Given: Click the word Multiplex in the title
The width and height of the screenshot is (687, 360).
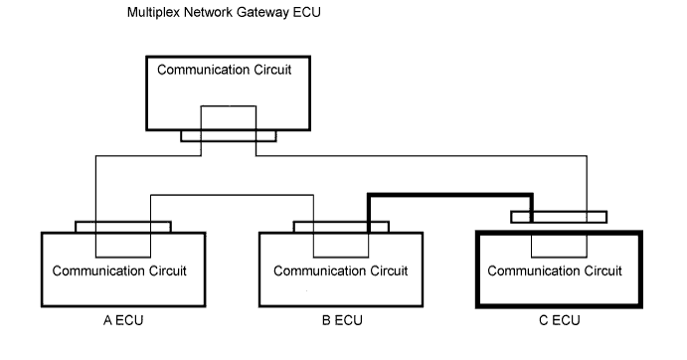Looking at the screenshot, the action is coord(153,12).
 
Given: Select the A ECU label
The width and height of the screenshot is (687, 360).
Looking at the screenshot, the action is coord(123,320).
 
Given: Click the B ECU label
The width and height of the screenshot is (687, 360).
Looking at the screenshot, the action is coord(342,320).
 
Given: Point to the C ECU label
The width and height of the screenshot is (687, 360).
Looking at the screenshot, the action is coord(560,320).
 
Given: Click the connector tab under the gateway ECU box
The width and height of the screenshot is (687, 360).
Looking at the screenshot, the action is coord(229,136).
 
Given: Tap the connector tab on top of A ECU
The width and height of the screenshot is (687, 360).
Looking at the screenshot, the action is coord(123,227).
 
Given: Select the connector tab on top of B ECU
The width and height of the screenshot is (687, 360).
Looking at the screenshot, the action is coord(341,227).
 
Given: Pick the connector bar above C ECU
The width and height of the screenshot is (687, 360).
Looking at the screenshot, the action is coord(559,217).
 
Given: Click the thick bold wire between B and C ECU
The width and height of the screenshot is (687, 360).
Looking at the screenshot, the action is coord(450,194).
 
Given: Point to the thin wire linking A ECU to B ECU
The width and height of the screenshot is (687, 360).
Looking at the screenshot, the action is coord(233,195).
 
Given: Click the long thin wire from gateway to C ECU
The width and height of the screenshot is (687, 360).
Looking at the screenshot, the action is coord(422,156).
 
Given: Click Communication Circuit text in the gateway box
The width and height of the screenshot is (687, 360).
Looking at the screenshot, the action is coord(225,71).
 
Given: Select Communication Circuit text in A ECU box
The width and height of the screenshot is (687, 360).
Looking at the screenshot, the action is coord(119,270).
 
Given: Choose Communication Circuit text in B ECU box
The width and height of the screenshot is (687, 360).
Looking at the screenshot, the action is coord(341,270).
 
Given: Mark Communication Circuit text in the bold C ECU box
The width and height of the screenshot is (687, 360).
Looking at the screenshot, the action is coord(555,270).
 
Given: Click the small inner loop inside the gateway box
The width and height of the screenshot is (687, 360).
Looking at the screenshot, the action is coord(229,106).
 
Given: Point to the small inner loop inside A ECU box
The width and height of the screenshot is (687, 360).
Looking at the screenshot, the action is coord(123,257).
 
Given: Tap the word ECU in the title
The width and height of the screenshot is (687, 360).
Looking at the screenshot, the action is coord(306,12).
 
